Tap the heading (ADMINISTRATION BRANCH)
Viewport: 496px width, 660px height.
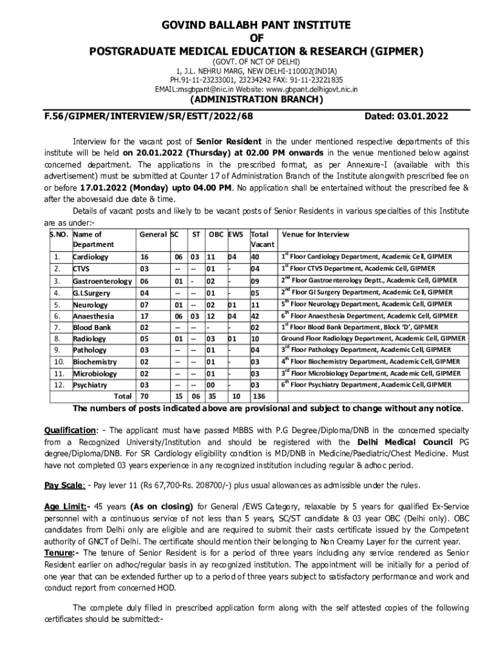click(x=254, y=100)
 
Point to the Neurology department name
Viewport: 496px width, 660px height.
click(x=90, y=304)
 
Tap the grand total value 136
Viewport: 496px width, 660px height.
click(x=259, y=396)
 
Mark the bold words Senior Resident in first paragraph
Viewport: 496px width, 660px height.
click(x=229, y=141)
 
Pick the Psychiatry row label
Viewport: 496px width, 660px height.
click(x=90, y=385)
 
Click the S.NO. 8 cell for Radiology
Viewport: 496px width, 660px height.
click(x=57, y=338)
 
